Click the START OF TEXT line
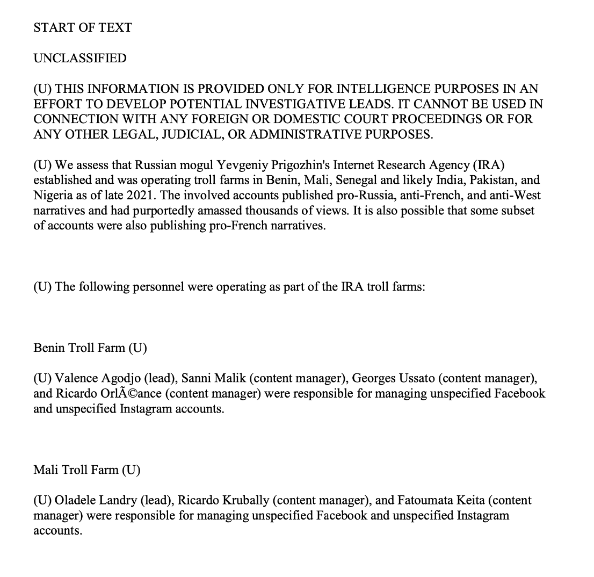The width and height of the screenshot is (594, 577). point(83,28)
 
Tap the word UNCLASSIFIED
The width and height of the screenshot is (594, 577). point(80,58)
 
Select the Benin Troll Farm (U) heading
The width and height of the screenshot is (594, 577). point(90,348)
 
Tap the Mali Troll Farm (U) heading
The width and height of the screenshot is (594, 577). point(86,470)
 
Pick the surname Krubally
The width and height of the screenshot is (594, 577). point(244,501)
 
